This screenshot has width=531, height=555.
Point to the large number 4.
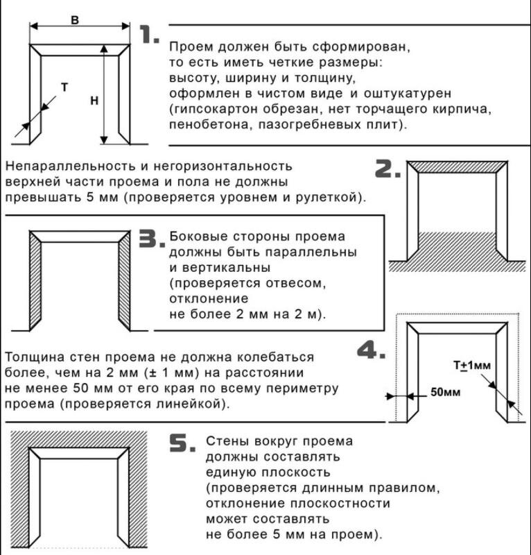[x=370, y=350]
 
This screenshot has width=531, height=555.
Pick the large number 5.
[x=183, y=445]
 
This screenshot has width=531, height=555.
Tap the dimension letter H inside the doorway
[x=94, y=101]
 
